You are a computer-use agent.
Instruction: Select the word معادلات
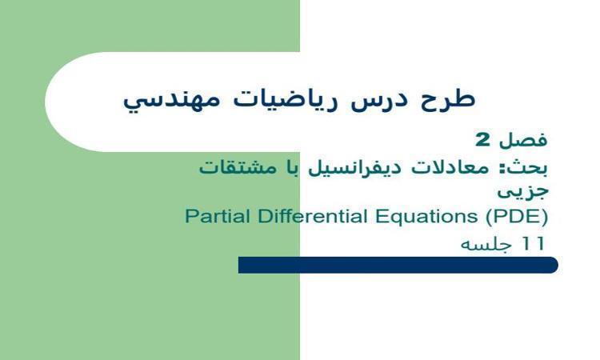458,168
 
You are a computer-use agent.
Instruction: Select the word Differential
300,216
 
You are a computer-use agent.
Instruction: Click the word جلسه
487,243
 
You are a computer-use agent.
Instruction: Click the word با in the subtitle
300,168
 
